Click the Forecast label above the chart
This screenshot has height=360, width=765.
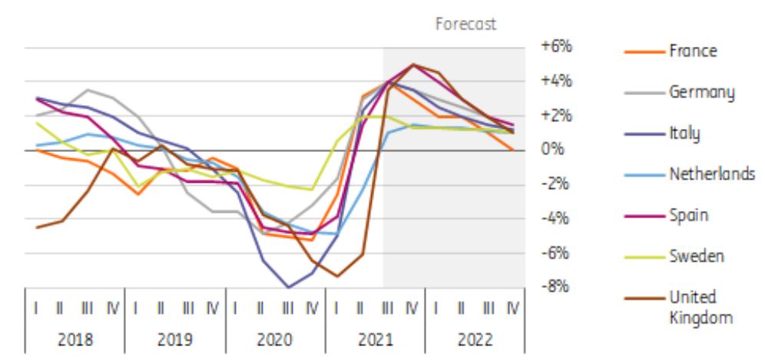click(466, 24)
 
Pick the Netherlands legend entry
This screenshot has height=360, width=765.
click(710, 174)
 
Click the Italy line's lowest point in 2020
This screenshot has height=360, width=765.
click(289, 287)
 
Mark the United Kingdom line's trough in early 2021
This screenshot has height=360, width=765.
click(337, 276)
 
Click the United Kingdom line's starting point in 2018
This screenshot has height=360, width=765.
click(37, 227)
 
